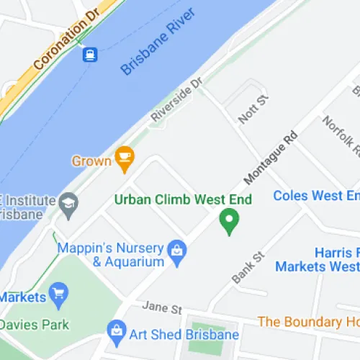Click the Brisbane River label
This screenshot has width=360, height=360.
(x=159, y=44)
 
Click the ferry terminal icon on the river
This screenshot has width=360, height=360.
(x=90, y=54)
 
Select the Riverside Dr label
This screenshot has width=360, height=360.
(x=177, y=100)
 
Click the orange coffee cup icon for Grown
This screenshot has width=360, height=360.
(x=125, y=160)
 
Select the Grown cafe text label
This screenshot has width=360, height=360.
(x=91, y=161)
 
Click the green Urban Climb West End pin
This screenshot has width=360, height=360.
(x=230, y=220)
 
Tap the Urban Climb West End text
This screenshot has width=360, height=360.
(x=184, y=199)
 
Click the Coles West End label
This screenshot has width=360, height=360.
(x=317, y=196)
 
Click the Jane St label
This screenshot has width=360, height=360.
(x=162, y=308)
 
